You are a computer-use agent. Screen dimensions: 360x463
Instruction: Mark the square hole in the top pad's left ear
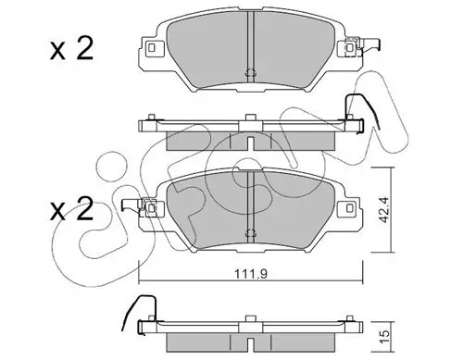149,46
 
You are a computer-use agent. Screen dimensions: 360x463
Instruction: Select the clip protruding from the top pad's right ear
375,44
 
